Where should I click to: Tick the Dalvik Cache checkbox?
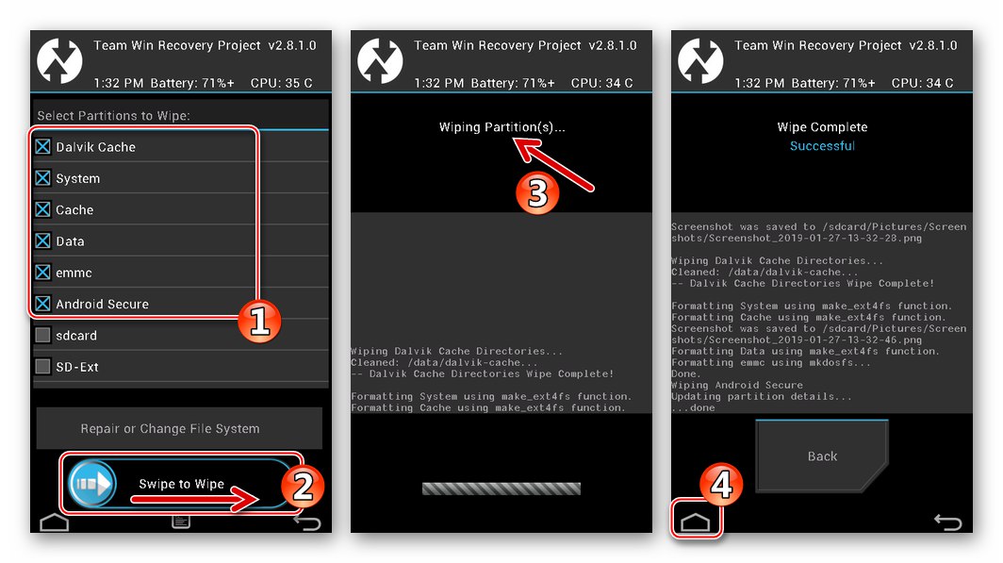click(x=42, y=147)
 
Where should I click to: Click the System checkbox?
click(x=42, y=178)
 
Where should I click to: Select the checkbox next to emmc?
click(x=42, y=273)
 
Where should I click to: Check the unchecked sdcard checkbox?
click(x=42, y=336)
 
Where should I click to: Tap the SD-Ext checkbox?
click(x=42, y=367)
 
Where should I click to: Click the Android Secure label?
click(x=102, y=305)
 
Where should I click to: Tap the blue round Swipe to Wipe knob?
click(x=92, y=484)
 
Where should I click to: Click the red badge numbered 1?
click(x=260, y=322)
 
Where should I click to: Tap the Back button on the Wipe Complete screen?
click(x=822, y=456)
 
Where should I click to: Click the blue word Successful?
click(x=822, y=146)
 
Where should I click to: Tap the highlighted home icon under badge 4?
click(x=696, y=521)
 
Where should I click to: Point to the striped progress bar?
click(x=501, y=488)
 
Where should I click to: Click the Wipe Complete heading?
click(x=822, y=127)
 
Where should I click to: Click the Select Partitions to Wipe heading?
click(x=113, y=116)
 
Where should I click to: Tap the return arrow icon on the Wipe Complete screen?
click(x=946, y=522)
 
